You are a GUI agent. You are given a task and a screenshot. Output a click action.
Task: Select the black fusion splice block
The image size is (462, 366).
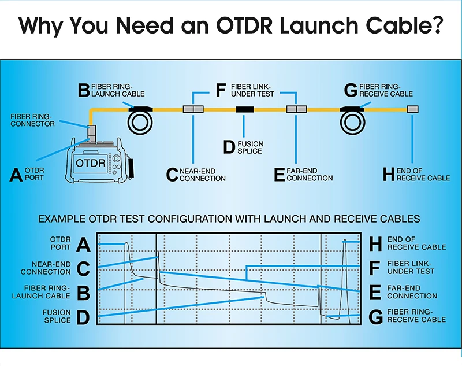click(244, 109)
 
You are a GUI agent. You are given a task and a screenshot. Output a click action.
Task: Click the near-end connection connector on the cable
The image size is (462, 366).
click(192, 109)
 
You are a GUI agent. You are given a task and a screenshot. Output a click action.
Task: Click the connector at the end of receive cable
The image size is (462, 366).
click(412, 109)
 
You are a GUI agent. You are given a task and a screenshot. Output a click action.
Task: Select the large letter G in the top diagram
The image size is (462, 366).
click(351, 90)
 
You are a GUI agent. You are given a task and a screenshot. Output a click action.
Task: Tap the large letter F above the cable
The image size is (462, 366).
click(220, 90)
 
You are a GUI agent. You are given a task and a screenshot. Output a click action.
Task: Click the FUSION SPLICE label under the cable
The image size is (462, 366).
click(249, 147)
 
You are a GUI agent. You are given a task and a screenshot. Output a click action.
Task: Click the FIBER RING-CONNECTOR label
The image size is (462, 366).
click(33, 120)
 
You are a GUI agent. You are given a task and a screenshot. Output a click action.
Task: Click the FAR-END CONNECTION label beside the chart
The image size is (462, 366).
click(412, 292)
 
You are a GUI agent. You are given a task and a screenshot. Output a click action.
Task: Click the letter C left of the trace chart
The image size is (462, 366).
click(83, 268)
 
